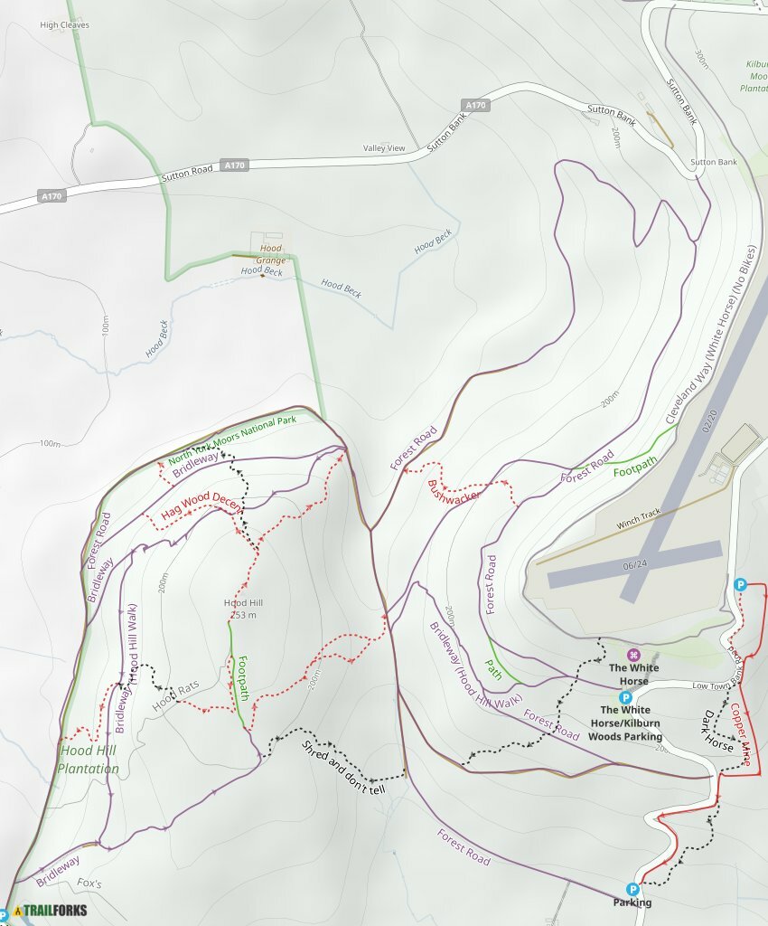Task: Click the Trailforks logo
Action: click(51, 911)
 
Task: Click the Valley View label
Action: click(384, 148)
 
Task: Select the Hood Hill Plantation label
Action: click(89, 760)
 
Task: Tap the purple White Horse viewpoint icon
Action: click(634, 654)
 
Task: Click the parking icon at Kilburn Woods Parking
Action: click(624, 697)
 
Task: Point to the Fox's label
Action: click(89, 883)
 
